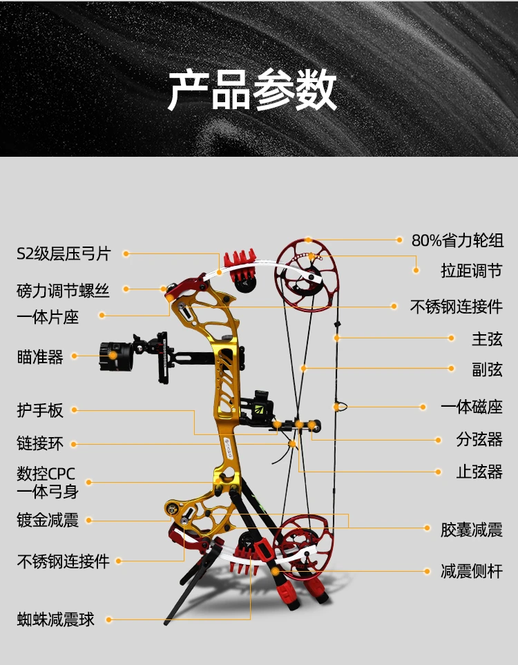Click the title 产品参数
pyautogui.click(x=252, y=90)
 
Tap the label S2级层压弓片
pyautogui.click(x=64, y=253)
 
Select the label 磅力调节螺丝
pyautogui.click(x=64, y=291)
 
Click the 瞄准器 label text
pyautogui.click(x=40, y=357)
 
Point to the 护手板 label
pyautogui.click(x=40, y=410)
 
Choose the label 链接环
pyautogui.click(x=40, y=443)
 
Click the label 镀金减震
pyautogui.click(x=48, y=520)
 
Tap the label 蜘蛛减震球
pyautogui.click(x=55, y=619)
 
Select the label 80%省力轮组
pyautogui.click(x=457, y=240)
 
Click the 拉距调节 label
pyautogui.click(x=472, y=271)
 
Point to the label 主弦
pyautogui.click(x=488, y=339)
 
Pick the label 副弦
pyautogui.click(x=488, y=369)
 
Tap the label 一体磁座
pyautogui.click(x=472, y=407)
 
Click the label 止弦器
pyautogui.click(x=479, y=472)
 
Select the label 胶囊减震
pyautogui.click(x=472, y=530)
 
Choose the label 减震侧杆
pyautogui.click(x=472, y=571)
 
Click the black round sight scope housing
pyautogui.click(x=115, y=356)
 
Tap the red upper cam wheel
pyautogui.click(x=307, y=276)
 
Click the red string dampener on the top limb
pyautogui.click(x=240, y=267)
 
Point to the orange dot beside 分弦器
pyautogui.click(x=439, y=440)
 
